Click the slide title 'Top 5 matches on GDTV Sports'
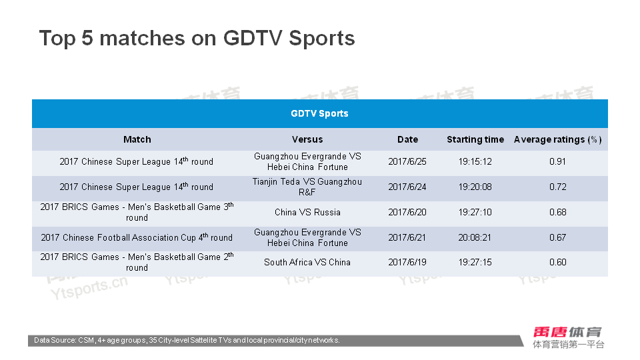click(197, 39)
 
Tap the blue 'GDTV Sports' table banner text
click(319, 113)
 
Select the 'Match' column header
click(137, 139)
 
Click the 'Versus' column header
click(307, 139)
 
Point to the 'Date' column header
click(407, 139)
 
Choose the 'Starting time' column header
click(475, 139)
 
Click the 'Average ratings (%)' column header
click(557, 139)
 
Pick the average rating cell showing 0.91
click(557, 161)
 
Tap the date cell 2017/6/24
click(407, 187)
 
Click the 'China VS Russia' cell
click(307, 212)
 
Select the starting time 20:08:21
click(475, 237)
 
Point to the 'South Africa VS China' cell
click(307, 263)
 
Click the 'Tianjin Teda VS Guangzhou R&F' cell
click(307, 187)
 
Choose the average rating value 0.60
click(557, 263)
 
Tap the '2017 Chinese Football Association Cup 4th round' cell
click(137, 237)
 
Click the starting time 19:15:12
click(475, 161)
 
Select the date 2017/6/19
click(407, 263)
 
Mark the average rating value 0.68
click(557, 212)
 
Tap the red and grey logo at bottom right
click(568, 337)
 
